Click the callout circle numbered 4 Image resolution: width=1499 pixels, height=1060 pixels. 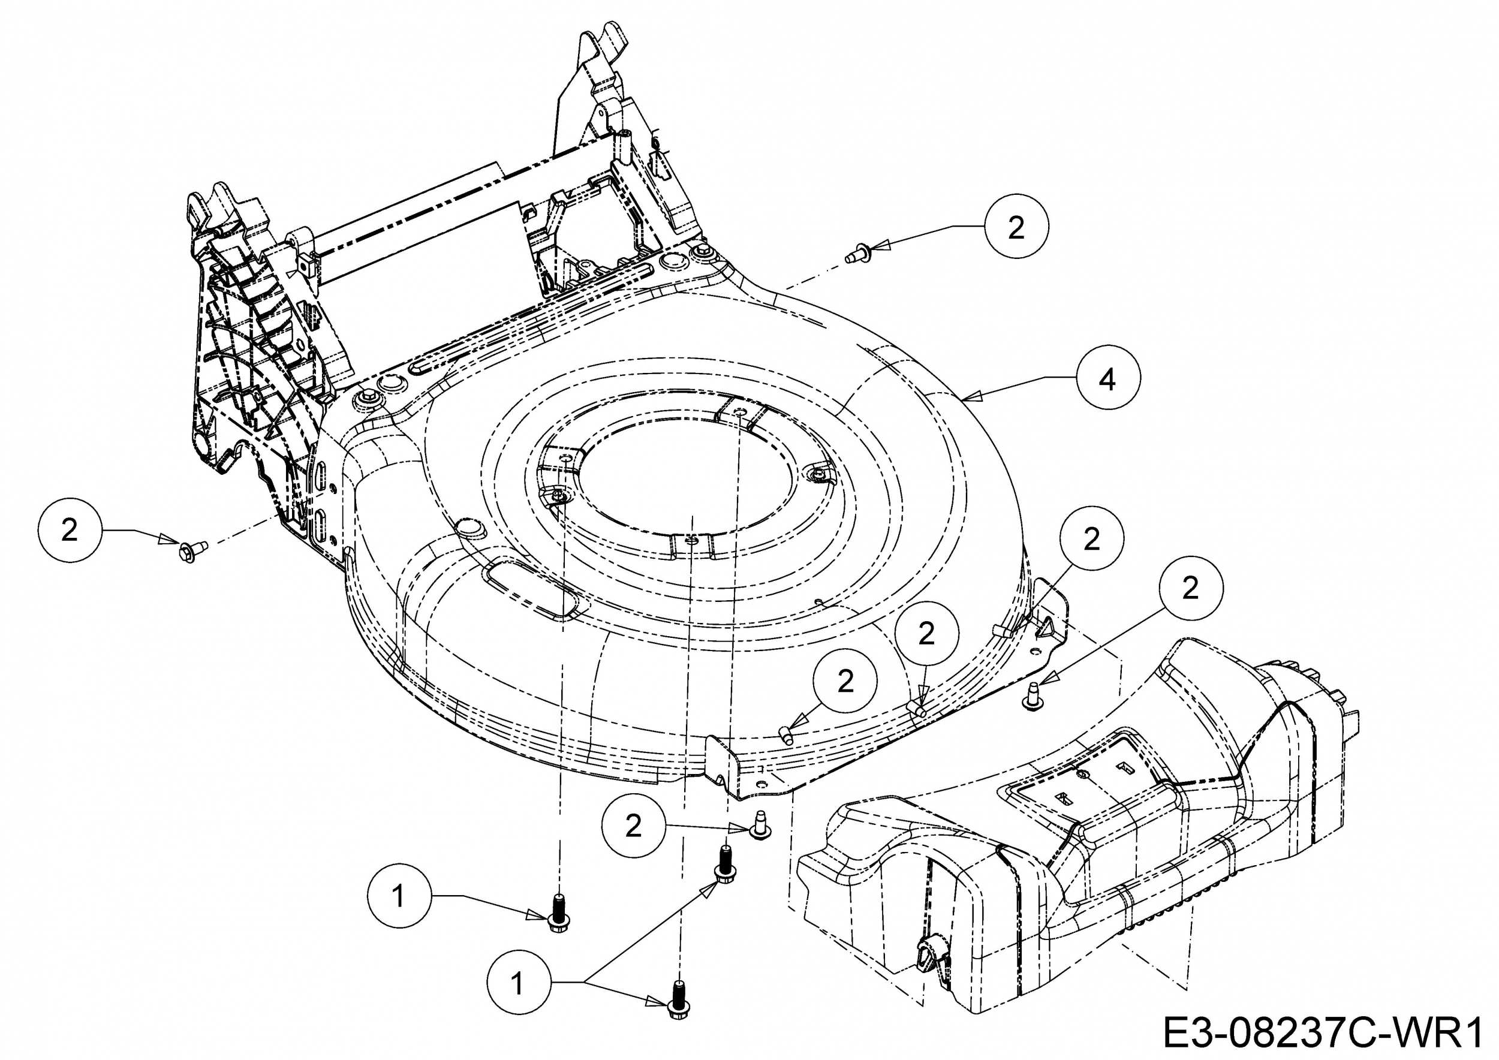tap(1108, 378)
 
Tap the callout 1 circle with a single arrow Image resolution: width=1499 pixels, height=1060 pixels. tap(399, 896)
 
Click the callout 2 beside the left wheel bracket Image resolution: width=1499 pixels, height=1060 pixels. tap(70, 529)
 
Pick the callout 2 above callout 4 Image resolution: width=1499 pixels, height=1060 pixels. tap(1016, 227)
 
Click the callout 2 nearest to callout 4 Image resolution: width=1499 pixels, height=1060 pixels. tap(1092, 539)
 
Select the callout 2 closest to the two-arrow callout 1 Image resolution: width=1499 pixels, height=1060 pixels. tap(633, 826)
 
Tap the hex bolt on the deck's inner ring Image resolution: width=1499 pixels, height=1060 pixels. tap(559, 498)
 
